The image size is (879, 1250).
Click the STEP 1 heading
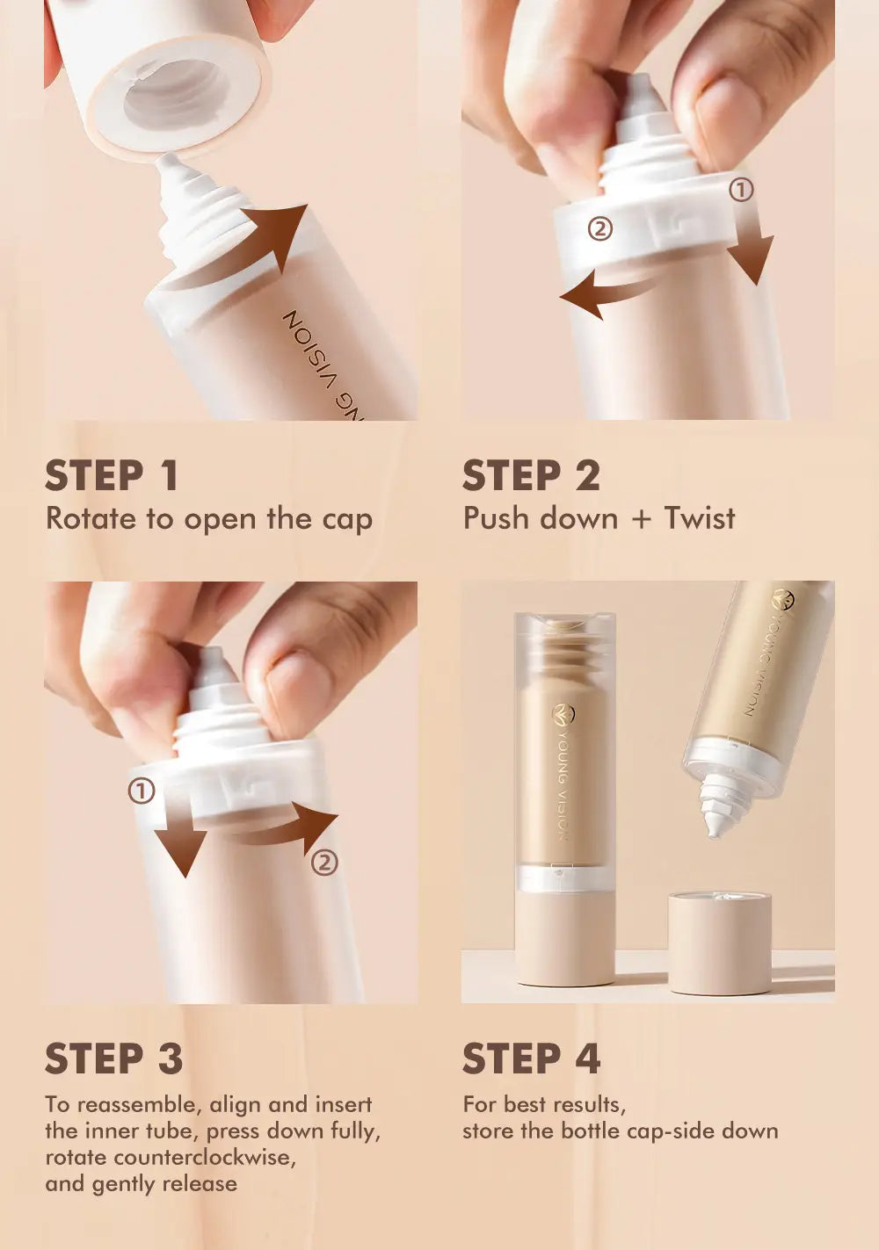(112, 476)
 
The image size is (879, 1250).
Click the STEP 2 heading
(531, 476)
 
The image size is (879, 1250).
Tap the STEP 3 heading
(113, 1059)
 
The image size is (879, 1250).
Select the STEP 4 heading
(531, 1059)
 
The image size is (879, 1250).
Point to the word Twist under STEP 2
(699, 518)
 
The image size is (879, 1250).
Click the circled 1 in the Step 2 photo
(742, 190)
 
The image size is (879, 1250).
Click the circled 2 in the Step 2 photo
(599, 229)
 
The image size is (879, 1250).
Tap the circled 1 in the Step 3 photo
(142, 791)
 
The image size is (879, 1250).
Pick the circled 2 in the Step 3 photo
(324, 863)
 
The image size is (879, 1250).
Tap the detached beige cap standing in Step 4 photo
(719, 943)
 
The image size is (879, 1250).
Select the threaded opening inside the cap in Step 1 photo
(176, 92)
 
